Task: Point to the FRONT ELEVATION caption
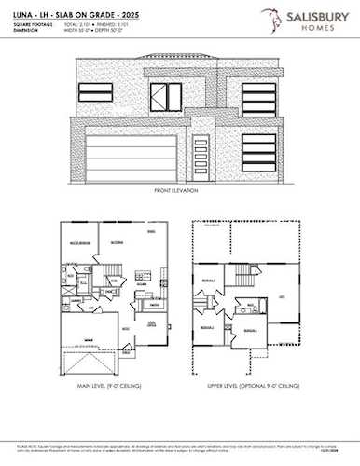[x=179, y=192]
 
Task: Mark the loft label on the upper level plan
[x=283, y=296]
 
